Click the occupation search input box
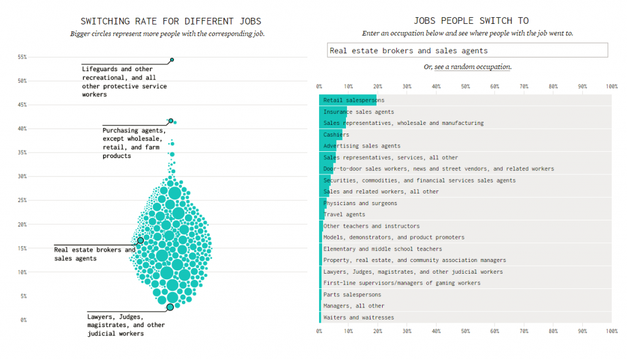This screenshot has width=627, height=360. click(467, 50)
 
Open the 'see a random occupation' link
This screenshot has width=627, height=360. click(472, 67)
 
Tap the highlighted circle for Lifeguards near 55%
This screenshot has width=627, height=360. click(172, 60)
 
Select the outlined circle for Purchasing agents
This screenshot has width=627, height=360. click(171, 121)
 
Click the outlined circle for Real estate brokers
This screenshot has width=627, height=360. click(140, 241)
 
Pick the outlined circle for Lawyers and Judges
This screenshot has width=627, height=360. click(170, 307)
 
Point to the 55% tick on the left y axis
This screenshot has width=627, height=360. click(23, 57)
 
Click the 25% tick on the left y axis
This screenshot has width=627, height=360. click(23, 200)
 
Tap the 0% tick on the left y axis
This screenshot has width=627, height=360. click(24, 320)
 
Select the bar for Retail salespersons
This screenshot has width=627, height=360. click(348, 100)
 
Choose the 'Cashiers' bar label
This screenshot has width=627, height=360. click(336, 135)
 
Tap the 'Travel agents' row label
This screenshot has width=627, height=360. click(344, 214)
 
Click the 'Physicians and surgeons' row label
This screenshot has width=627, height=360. click(360, 203)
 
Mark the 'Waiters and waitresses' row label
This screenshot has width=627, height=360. click(358, 317)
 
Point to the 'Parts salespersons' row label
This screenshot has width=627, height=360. click(351, 294)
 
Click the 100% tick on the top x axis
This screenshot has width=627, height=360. click(611, 86)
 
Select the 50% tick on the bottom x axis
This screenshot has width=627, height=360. click(465, 331)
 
